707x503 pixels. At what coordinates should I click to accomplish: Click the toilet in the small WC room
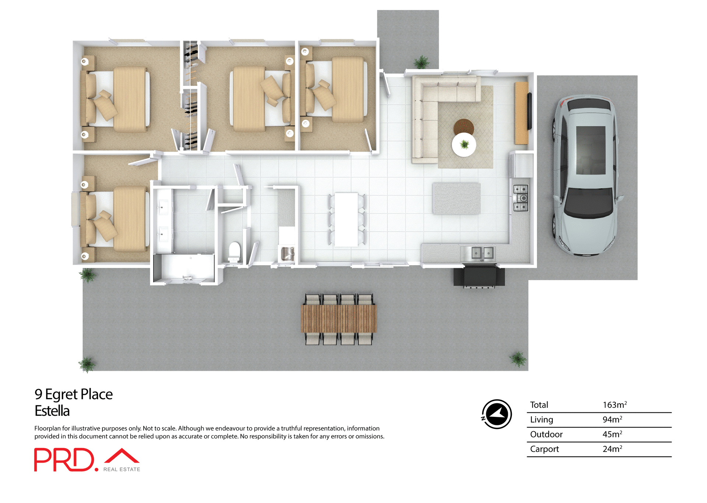[x=235, y=251]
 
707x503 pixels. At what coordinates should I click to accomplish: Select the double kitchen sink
[x=482, y=253]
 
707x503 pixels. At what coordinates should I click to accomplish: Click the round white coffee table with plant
[x=464, y=145]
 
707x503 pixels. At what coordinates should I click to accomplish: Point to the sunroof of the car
[x=591, y=150]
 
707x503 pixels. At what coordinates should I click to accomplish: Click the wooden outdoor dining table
[x=339, y=319]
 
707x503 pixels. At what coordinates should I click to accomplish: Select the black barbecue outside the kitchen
[x=479, y=277]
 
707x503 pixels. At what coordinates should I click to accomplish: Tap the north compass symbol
[x=496, y=414]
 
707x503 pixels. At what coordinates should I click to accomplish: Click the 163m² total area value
[x=614, y=405]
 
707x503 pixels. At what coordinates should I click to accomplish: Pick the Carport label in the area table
[x=544, y=449]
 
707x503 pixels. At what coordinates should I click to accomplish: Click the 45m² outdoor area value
[x=612, y=434]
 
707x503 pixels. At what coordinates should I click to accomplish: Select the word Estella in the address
[x=52, y=411]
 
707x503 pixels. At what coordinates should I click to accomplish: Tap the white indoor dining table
[x=346, y=219]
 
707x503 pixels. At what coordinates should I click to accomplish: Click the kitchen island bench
[x=457, y=198]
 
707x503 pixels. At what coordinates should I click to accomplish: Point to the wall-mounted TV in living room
[x=530, y=111]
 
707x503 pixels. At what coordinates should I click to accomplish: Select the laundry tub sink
[x=287, y=254]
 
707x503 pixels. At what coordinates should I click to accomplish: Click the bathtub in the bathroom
[x=184, y=268]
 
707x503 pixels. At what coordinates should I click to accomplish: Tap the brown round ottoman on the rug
[x=464, y=126]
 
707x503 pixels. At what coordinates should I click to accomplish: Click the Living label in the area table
[x=541, y=419]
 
